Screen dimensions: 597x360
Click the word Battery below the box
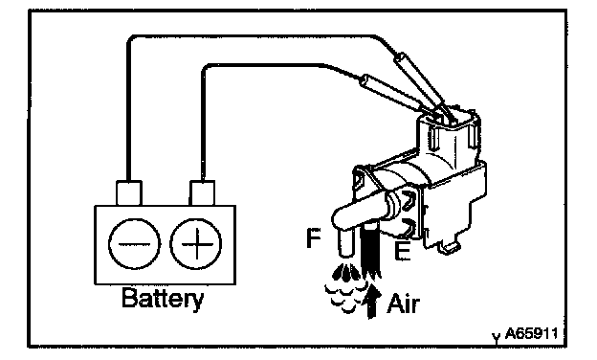163,299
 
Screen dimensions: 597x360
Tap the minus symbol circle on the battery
134,244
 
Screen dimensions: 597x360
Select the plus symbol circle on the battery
196,244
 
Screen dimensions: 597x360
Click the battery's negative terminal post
129,193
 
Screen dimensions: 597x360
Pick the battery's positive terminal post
202,193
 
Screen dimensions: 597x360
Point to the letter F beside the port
314,237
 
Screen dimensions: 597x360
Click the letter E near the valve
403,251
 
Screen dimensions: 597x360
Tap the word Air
403,304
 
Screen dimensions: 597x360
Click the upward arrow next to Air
371,303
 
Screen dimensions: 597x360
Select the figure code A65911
531,334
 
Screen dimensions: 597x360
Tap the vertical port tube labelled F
345,242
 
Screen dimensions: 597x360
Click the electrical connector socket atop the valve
449,139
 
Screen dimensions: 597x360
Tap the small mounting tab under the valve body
450,248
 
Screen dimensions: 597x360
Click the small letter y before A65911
497,337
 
